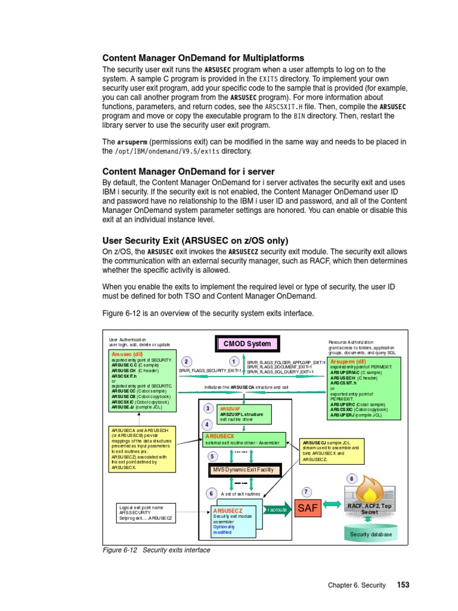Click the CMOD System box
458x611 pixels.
tap(247, 344)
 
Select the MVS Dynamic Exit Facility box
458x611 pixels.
tap(243, 470)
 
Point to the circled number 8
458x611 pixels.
tap(351, 479)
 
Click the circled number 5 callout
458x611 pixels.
tap(212, 456)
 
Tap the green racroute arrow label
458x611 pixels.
tap(278, 510)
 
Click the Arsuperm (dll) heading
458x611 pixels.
tap(349, 362)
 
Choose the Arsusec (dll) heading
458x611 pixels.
tap(128, 354)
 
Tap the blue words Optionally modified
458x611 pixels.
tap(224, 529)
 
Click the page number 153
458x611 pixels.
tap(403, 585)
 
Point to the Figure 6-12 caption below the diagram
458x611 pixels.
tap(156, 550)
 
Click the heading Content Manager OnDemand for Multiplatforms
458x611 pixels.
tap(203, 58)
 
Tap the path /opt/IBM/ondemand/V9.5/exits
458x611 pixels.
tap(167, 151)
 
